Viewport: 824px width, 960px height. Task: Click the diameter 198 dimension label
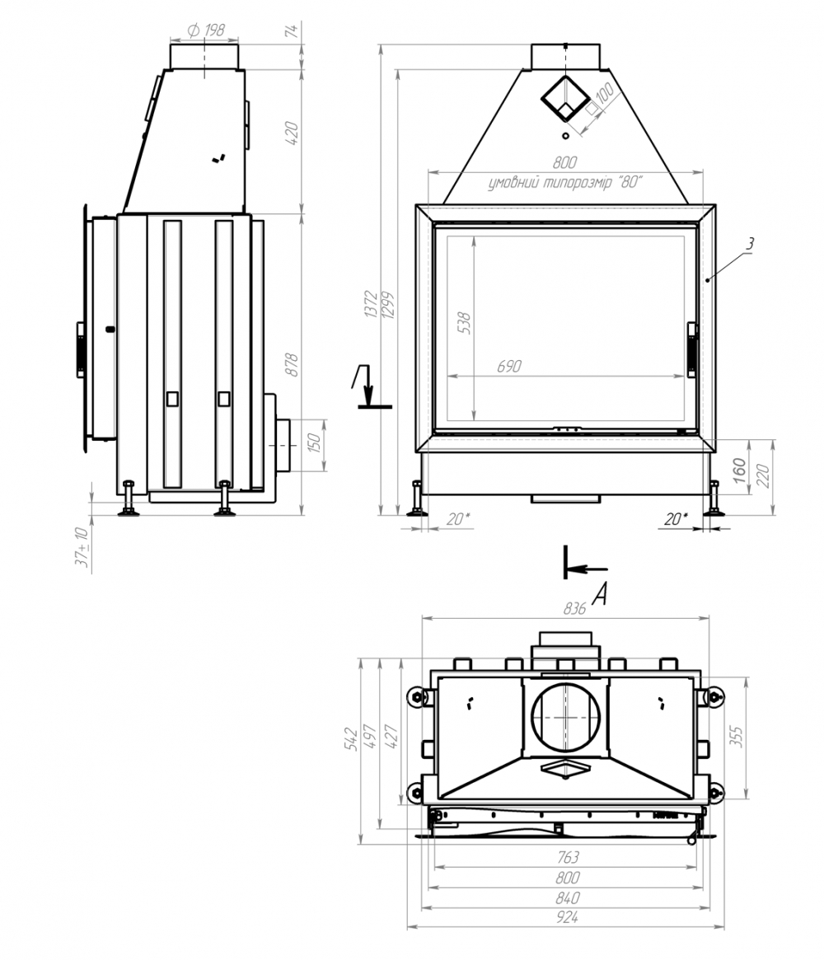point(206,30)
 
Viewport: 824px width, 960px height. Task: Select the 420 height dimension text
point(292,133)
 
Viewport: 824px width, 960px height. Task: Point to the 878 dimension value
point(292,364)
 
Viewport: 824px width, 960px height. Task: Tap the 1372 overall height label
point(371,304)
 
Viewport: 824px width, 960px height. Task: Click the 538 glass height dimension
point(465,323)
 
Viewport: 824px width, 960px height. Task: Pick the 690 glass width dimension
point(508,366)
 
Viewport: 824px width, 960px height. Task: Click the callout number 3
point(750,243)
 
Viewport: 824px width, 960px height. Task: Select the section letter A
point(601,593)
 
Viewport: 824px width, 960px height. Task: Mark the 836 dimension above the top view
point(574,609)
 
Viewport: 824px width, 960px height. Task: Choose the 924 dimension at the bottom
point(567,917)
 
